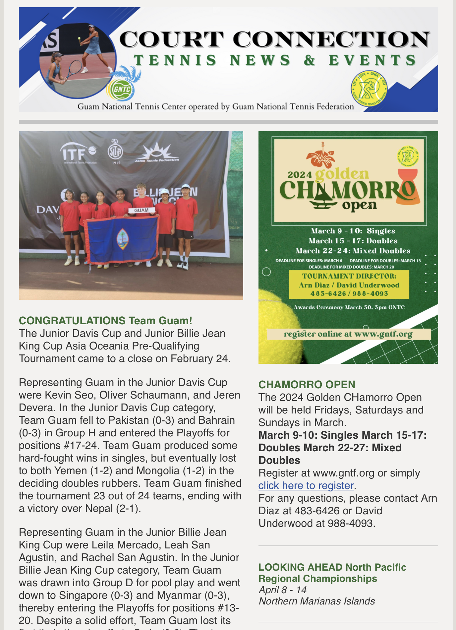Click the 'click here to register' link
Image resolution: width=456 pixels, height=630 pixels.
[306, 485]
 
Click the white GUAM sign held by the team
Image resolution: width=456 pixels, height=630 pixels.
[142, 210]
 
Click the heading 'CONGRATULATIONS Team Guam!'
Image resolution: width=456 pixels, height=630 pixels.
[105, 321]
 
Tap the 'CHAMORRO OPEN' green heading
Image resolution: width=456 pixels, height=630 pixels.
[307, 385]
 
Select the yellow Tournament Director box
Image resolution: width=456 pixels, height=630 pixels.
[349, 285]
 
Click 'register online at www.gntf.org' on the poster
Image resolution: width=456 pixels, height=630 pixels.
[348, 334]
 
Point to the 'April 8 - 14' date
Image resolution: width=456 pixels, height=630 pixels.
[282, 590]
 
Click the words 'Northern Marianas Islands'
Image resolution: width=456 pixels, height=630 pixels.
[316, 601]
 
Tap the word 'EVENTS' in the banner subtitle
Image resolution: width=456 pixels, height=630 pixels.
[372, 60]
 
